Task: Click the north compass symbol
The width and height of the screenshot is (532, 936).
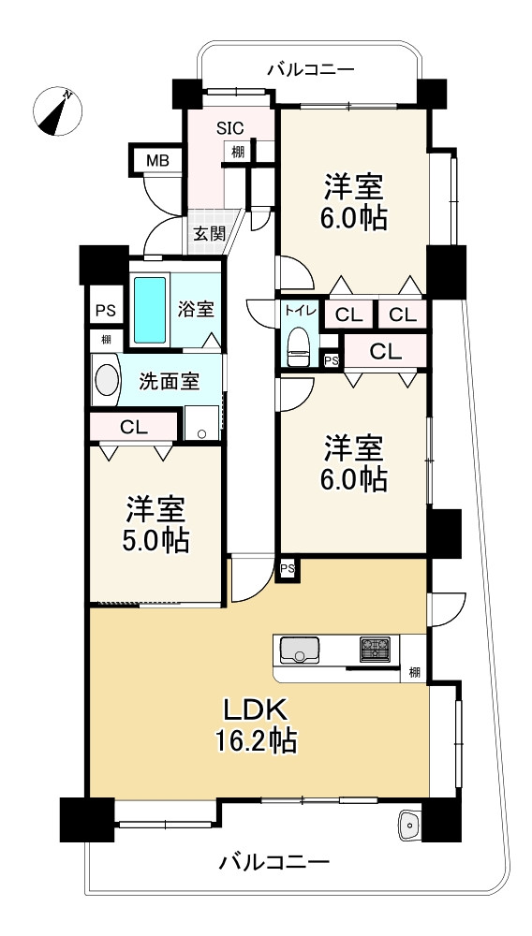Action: click(57, 111)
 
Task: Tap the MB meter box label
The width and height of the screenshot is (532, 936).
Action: click(157, 160)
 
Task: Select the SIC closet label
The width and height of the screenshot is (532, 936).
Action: click(229, 127)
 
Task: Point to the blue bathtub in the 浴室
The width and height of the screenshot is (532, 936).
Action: click(150, 310)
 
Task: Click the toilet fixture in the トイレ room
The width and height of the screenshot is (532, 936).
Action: click(299, 345)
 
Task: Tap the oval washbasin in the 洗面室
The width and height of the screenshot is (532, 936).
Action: click(107, 380)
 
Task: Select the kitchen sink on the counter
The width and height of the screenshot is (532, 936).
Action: click(299, 650)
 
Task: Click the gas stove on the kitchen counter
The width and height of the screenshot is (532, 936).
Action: click(375, 650)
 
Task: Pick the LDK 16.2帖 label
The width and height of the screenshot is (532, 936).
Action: click(257, 725)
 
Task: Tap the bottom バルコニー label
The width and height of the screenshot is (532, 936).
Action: click(274, 861)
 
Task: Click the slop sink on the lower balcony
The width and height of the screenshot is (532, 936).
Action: click(410, 825)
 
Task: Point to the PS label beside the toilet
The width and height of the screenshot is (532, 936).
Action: click(332, 360)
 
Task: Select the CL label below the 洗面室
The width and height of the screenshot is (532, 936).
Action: click(133, 427)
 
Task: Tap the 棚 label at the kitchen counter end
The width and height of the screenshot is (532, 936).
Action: click(414, 673)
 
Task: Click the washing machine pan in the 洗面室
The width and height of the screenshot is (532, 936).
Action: click(201, 423)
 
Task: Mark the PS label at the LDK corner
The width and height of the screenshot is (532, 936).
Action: click(288, 569)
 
